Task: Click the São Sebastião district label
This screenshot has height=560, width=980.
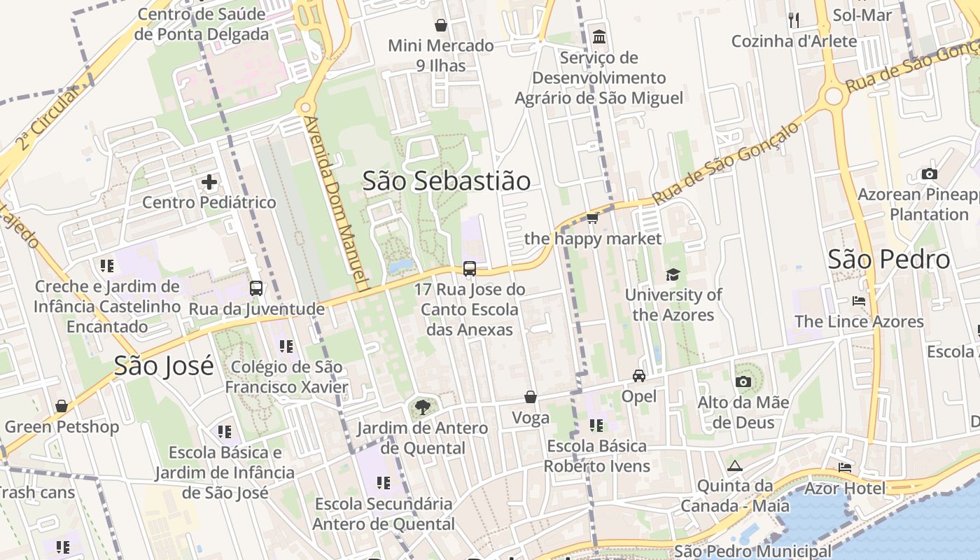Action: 447,181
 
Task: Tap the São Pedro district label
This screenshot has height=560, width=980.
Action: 889,260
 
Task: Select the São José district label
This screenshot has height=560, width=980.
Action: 164,365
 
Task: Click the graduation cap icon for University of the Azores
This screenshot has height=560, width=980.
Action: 673,274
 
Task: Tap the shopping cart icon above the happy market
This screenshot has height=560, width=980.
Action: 592,218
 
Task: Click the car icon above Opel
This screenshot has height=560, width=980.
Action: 639,376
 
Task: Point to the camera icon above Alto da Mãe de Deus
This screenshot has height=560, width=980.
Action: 743,381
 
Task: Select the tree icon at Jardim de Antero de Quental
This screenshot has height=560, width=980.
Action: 422,407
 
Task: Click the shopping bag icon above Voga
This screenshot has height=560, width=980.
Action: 531,398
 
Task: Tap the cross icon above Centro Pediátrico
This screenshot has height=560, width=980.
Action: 209,183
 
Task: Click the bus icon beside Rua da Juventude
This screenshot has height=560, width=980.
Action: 256,288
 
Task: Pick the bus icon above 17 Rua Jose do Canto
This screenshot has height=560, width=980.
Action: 470,269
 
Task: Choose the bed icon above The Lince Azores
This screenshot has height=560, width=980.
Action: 859,302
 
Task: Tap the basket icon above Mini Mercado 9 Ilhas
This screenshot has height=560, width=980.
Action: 441,26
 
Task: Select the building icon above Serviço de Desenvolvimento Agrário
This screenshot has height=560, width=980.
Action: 599,36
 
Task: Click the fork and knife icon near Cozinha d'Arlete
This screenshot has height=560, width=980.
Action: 794,20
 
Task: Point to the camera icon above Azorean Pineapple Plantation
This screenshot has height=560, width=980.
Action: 930,174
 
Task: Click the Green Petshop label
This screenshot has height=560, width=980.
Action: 62,426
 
